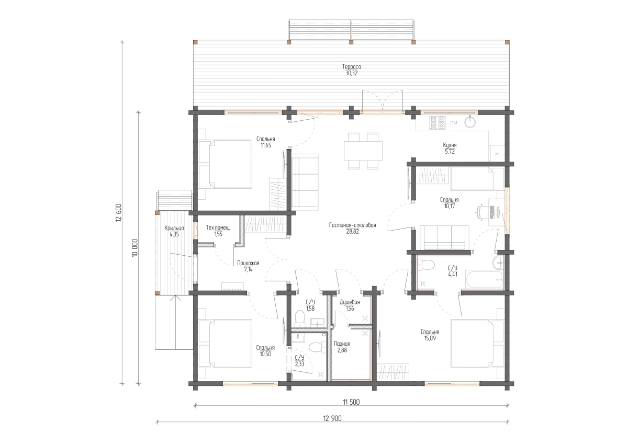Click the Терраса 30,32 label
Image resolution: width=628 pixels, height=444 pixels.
[x=351, y=70]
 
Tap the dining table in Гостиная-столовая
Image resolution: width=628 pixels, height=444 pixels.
[x=363, y=151]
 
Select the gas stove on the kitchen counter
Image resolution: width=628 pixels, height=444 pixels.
[x=437, y=123]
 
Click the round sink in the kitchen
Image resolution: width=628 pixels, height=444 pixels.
[x=470, y=122]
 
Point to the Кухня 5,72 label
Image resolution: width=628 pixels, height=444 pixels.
[x=450, y=149]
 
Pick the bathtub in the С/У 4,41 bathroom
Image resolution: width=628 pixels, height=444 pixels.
[x=484, y=279]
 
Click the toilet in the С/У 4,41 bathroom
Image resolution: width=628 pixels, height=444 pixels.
[x=425, y=265]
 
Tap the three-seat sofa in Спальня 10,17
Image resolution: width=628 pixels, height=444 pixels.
[x=444, y=237]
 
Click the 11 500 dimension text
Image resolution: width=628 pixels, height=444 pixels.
[x=351, y=403]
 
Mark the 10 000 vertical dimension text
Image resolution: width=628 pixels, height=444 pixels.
[x=135, y=248]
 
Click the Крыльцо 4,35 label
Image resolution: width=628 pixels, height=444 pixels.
[x=174, y=231]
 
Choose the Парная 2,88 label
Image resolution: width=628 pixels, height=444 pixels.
[x=342, y=347]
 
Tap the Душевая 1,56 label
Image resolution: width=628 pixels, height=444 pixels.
[x=350, y=305]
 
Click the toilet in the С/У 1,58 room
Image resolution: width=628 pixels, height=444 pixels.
[x=300, y=318]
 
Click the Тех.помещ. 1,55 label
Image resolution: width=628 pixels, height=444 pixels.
[x=218, y=231]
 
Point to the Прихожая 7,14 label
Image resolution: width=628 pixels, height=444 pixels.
[x=248, y=266]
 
